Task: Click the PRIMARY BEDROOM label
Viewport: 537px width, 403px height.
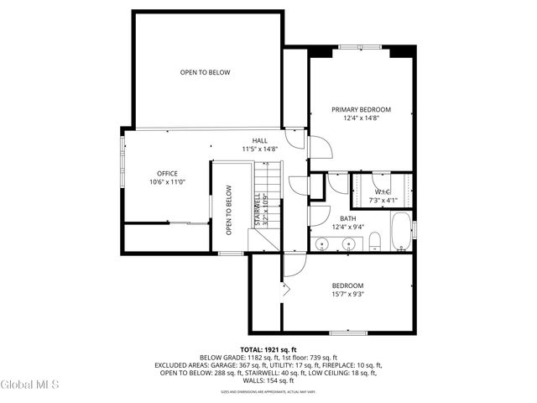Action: [x=361, y=109]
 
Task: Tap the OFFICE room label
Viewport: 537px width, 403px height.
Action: [x=167, y=173]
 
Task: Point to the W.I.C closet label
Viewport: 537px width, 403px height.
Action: [x=381, y=192]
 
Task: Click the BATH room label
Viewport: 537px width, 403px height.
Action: [x=325, y=218]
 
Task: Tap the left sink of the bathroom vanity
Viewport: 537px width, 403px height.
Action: [x=322, y=244]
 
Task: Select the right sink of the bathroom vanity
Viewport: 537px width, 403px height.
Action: [x=347, y=244]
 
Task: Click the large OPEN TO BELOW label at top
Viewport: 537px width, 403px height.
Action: [x=205, y=72]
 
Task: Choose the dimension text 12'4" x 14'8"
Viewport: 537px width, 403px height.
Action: [x=361, y=118]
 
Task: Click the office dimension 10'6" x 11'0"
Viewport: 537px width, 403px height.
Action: [x=167, y=182]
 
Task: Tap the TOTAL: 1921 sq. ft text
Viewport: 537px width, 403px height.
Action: [x=268, y=349]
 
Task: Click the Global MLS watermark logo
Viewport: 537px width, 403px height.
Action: [x=29, y=385]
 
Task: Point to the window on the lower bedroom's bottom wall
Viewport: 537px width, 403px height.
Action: [x=348, y=332]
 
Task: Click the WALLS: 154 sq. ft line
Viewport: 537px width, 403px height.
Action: [x=268, y=380]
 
